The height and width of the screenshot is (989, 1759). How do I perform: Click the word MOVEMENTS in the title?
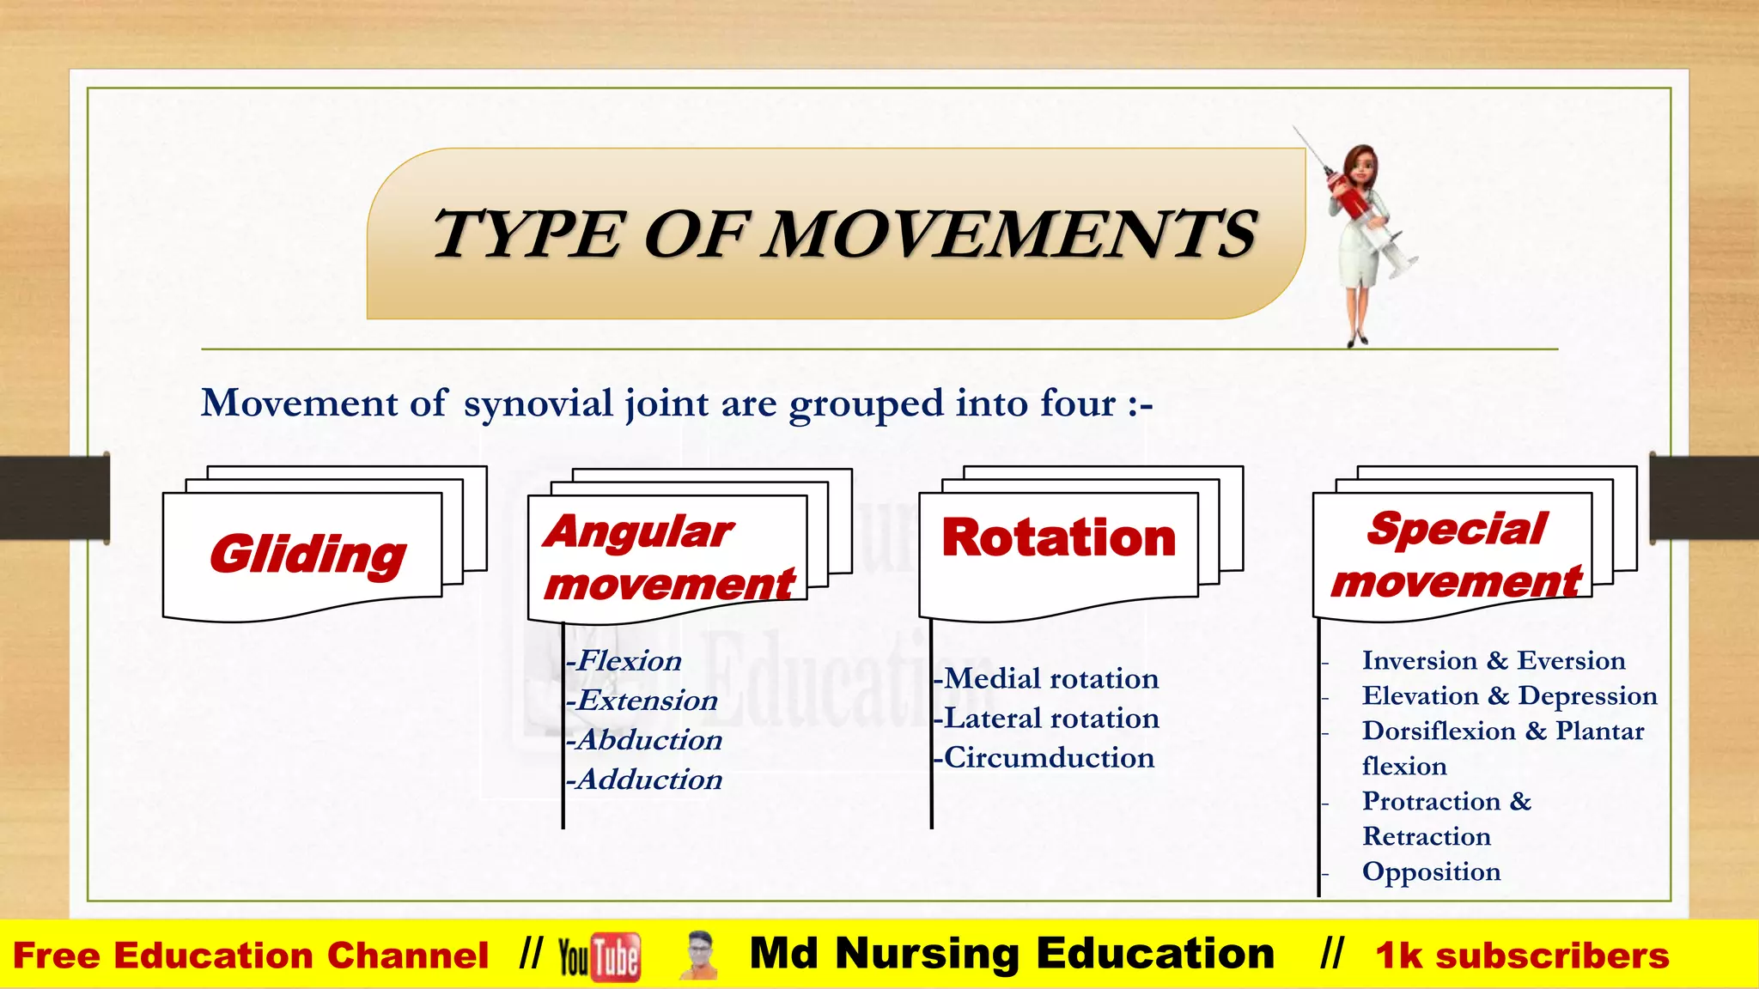(x=1011, y=234)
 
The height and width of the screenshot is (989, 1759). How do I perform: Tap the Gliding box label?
(x=307, y=555)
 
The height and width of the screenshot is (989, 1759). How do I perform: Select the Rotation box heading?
(x=1058, y=538)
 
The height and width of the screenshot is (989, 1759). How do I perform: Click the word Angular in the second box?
(x=638, y=531)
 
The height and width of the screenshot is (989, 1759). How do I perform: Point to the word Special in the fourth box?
(x=1458, y=529)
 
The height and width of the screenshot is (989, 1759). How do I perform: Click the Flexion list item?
(x=624, y=661)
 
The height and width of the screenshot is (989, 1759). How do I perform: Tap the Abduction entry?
(x=645, y=740)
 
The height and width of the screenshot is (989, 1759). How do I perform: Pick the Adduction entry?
(x=645, y=780)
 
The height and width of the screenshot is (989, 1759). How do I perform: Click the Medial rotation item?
(x=1047, y=679)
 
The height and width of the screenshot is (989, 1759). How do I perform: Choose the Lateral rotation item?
(x=1047, y=719)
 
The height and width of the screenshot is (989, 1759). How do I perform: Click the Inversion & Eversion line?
(x=1493, y=661)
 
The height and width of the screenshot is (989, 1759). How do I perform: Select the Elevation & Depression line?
(x=1509, y=696)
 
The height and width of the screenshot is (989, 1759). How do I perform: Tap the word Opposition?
(x=1431, y=872)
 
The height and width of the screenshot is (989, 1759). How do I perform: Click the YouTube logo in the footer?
(x=599, y=956)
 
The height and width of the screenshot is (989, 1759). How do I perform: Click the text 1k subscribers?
(x=1522, y=956)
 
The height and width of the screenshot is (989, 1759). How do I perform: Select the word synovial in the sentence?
(x=538, y=403)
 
